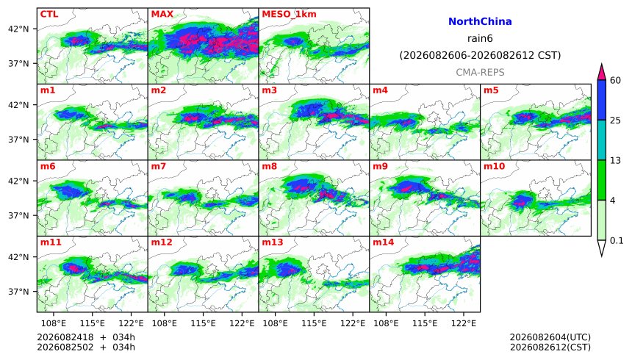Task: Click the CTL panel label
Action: (49, 14)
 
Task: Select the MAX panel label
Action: (162, 14)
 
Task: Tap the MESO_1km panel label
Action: (289, 15)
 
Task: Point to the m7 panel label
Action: (159, 167)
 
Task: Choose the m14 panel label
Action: (384, 242)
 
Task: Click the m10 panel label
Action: (494, 167)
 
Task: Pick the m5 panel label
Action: (491, 90)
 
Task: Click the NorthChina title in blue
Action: (480, 21)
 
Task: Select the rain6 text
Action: (480, 39)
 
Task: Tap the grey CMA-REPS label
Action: (480, 73)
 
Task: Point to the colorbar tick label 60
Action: (616, 81)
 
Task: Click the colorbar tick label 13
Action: (616, 161)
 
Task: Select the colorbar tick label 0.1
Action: (617, 241)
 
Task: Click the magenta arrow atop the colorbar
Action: (602, 73)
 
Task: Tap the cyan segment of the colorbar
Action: (602, 140)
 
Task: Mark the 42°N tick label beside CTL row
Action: (19, 29)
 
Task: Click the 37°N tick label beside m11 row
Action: (19, 292)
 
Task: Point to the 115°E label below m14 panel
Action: (425, 323)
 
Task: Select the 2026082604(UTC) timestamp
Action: (550, 337)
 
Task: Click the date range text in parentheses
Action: (480, 55)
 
